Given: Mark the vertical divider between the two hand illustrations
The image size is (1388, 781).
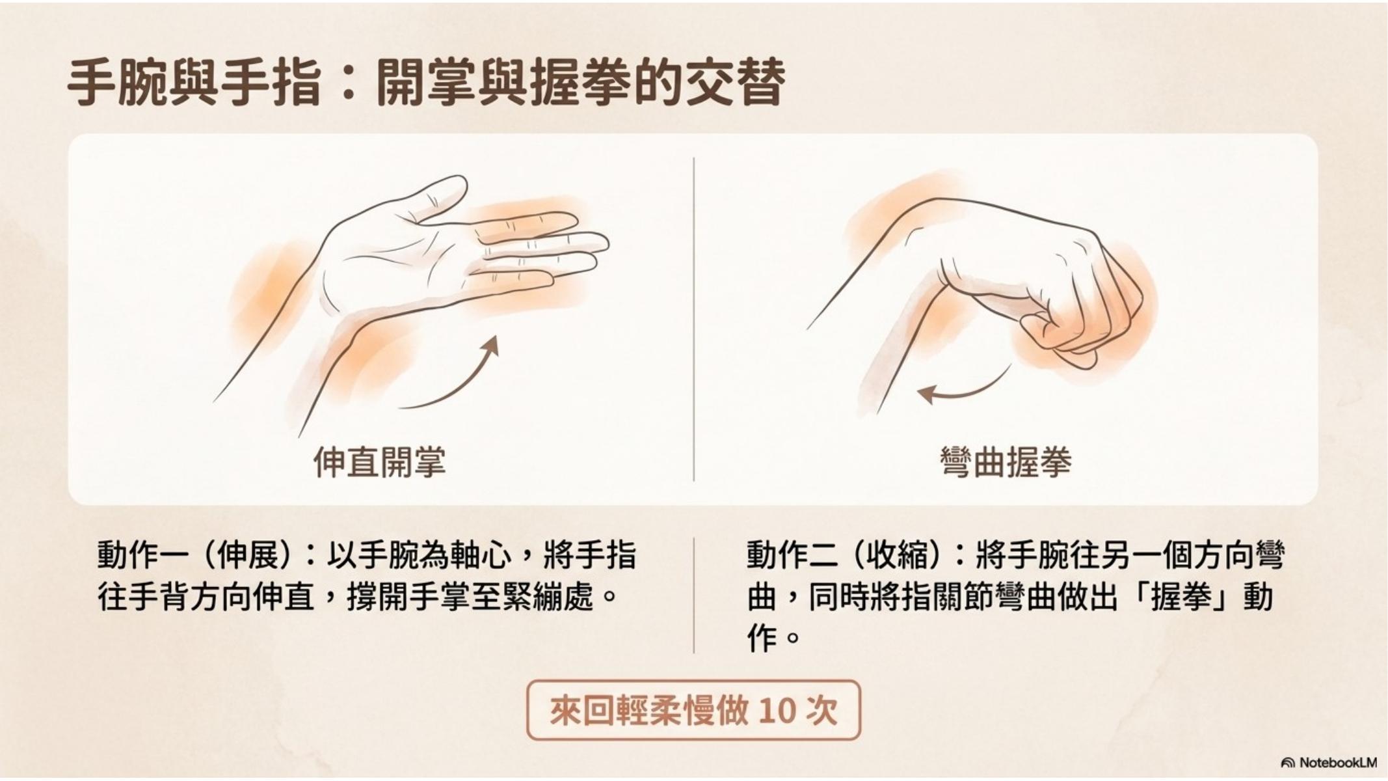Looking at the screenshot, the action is coord(693,319).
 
